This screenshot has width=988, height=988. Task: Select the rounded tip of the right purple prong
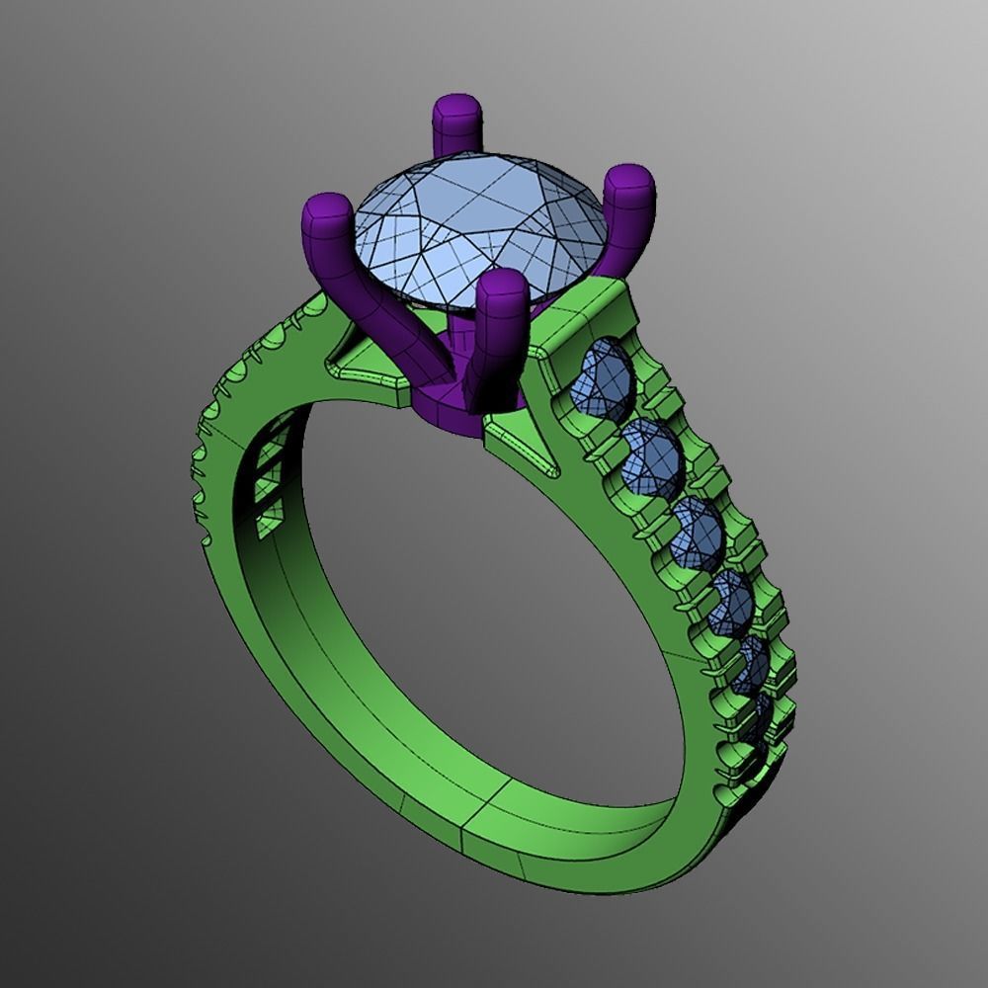tap(629, 183)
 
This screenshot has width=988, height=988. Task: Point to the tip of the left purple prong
tap(327, 212)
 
